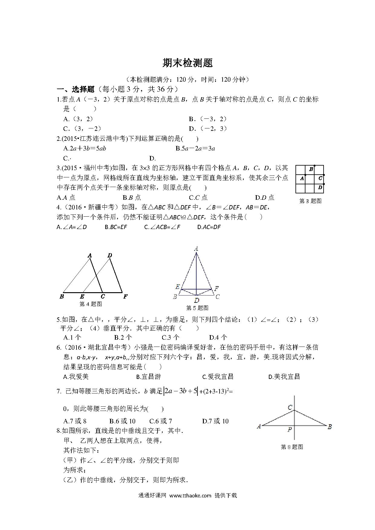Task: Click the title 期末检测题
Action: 187,63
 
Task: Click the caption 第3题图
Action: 310,201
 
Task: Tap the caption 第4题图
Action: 90,304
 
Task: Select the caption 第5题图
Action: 197,308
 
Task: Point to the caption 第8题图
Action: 292,447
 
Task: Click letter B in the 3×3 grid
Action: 311,169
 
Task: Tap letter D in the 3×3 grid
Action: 320,188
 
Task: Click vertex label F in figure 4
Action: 125,296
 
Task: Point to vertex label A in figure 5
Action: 196,249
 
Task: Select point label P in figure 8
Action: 290,429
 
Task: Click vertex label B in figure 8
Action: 330,427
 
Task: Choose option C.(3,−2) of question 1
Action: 82,129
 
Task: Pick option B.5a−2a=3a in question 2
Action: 195,148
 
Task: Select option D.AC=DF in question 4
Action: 209,227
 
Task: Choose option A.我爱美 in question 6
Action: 76,376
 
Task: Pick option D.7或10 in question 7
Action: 215,421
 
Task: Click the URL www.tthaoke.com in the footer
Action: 190,504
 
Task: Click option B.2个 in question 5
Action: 123,337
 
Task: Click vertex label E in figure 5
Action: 178,287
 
